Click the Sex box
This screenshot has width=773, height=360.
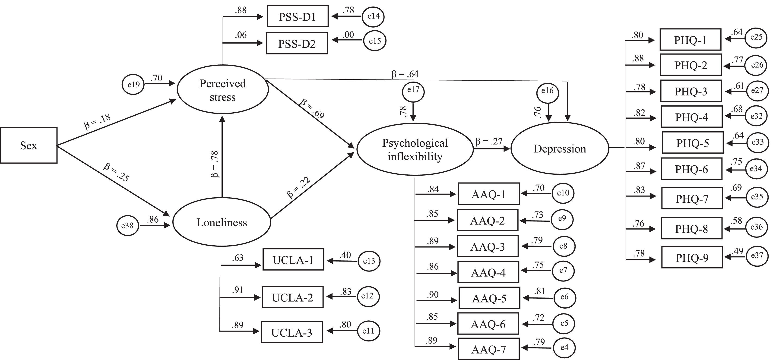coord(29,145)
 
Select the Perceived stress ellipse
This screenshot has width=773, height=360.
coord(223,89)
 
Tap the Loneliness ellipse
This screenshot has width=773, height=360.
coord(222,222)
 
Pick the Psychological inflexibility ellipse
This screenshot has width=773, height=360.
coord(415,149)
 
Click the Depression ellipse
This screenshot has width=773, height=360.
coord(560,148)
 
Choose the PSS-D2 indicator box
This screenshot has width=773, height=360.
coord(297,44)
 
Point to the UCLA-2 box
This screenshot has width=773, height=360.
coord(293,297)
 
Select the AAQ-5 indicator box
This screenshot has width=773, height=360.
coord(489,298)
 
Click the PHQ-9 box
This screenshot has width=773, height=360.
coord(692,257)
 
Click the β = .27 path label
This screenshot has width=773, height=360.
coord(489,141)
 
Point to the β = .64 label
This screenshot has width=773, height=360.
coord(405,74)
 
